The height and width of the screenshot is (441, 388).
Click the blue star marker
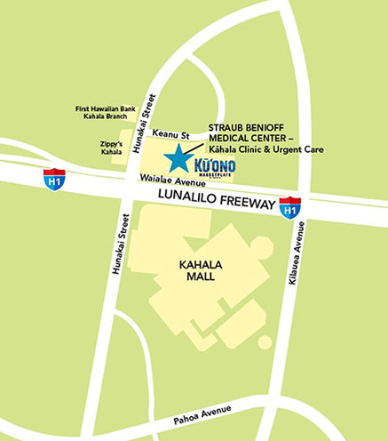181,158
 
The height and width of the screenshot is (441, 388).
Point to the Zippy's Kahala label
110,148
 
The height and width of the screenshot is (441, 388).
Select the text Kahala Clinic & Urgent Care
265,150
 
